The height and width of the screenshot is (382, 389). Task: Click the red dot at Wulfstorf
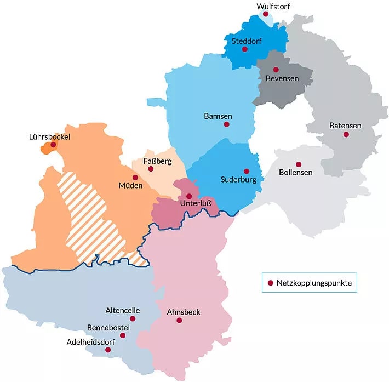(266, 14)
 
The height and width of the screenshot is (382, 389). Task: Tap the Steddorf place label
(245, 40)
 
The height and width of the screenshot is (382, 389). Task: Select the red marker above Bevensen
(276, 70)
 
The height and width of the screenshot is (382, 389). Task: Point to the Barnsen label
(218, 116)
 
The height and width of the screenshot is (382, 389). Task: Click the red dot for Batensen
(346, 134)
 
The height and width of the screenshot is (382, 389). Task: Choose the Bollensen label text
(295, 173)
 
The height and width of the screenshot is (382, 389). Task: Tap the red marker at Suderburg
(246, 171)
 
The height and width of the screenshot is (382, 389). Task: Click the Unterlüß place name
(195, 204)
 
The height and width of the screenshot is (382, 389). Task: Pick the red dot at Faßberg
(151, 169)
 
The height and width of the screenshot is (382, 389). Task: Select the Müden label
(130, 186)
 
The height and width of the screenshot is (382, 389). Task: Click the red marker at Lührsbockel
(53, 145)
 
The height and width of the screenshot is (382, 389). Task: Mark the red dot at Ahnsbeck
(179, 320)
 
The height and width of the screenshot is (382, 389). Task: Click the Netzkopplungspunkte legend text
(314, 283)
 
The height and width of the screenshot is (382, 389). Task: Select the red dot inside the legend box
(270, 283)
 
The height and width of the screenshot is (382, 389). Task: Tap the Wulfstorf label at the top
(273, 6)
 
